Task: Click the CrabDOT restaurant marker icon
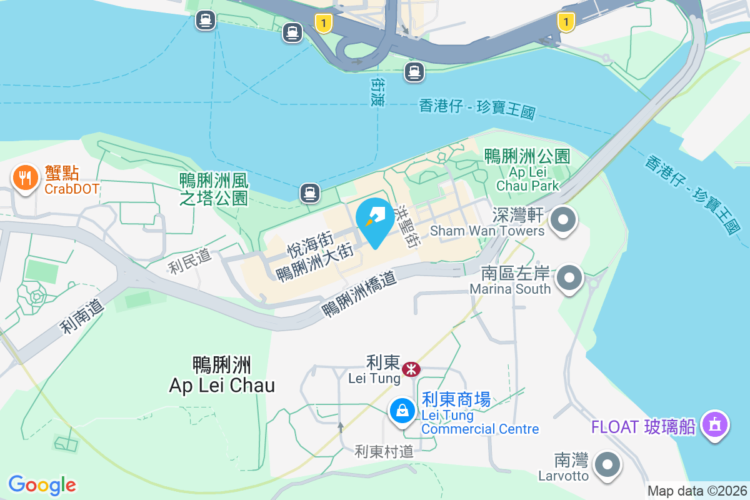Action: click(25, 179)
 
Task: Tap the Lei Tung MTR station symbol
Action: click(411, 369)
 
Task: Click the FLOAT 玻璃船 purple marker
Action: click(715, 426)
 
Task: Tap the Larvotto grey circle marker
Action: click(607, 465)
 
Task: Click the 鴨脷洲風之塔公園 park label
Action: click(214, 189)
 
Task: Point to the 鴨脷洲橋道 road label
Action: click(359, 295)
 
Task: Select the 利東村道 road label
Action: click(384, 451)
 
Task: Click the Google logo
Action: click(42, 484)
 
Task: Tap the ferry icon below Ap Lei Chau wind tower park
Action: click(309, 192)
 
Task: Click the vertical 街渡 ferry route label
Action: click(377, 92)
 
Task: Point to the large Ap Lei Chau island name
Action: click(222, 374)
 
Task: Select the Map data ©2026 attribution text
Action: click(697, 491)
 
